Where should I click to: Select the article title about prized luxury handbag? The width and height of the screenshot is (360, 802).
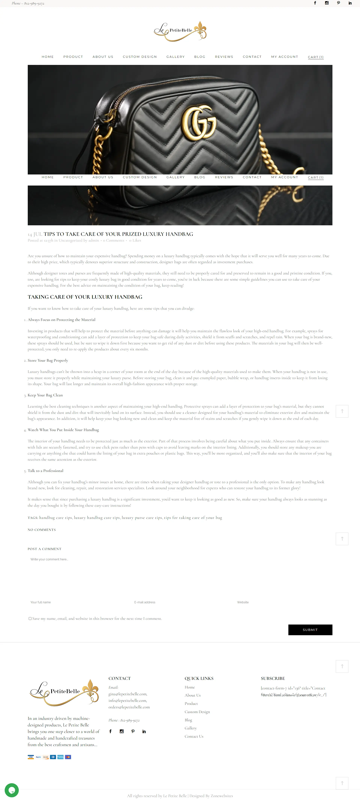(x=118, y=234)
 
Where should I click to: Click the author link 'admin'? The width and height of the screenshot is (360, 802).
(x=93, y=240)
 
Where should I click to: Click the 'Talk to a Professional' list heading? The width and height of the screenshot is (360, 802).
(x=45, y=471)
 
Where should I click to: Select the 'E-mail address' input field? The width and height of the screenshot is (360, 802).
(x=180, y=602)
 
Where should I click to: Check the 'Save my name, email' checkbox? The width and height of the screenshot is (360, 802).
(x=30, y=619)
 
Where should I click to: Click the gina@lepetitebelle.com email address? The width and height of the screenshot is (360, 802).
(x=127, y=694)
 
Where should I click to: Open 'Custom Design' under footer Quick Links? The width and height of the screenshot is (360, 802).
(x=197, y=712)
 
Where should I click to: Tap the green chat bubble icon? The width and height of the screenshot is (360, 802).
(x=11, y=790)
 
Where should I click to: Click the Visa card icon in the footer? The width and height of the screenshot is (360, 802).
(x=31, y=757)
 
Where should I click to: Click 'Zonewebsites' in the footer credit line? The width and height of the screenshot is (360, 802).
(x=222, y=796)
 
